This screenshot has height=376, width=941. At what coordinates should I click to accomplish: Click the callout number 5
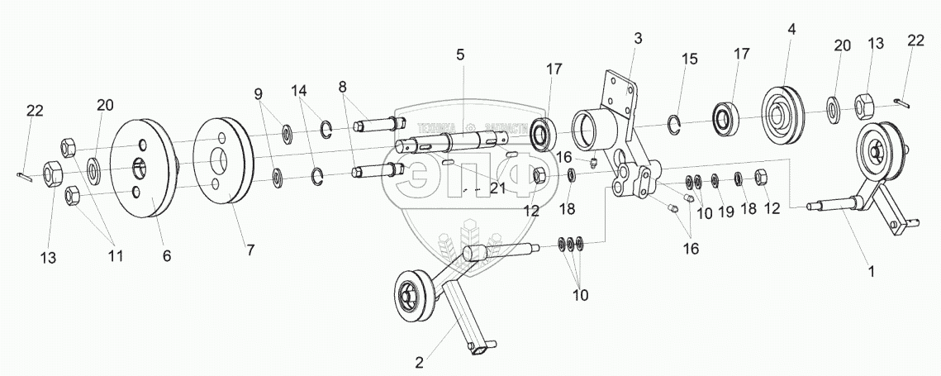point(460,55)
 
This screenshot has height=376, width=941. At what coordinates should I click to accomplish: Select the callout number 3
point(638,38)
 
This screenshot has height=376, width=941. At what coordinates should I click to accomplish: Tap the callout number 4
point(791,28)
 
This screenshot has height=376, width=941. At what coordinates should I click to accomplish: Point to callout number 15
point(690,59)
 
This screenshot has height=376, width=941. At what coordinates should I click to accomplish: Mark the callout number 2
point(420,361)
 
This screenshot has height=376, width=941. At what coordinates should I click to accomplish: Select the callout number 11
point(115,256)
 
